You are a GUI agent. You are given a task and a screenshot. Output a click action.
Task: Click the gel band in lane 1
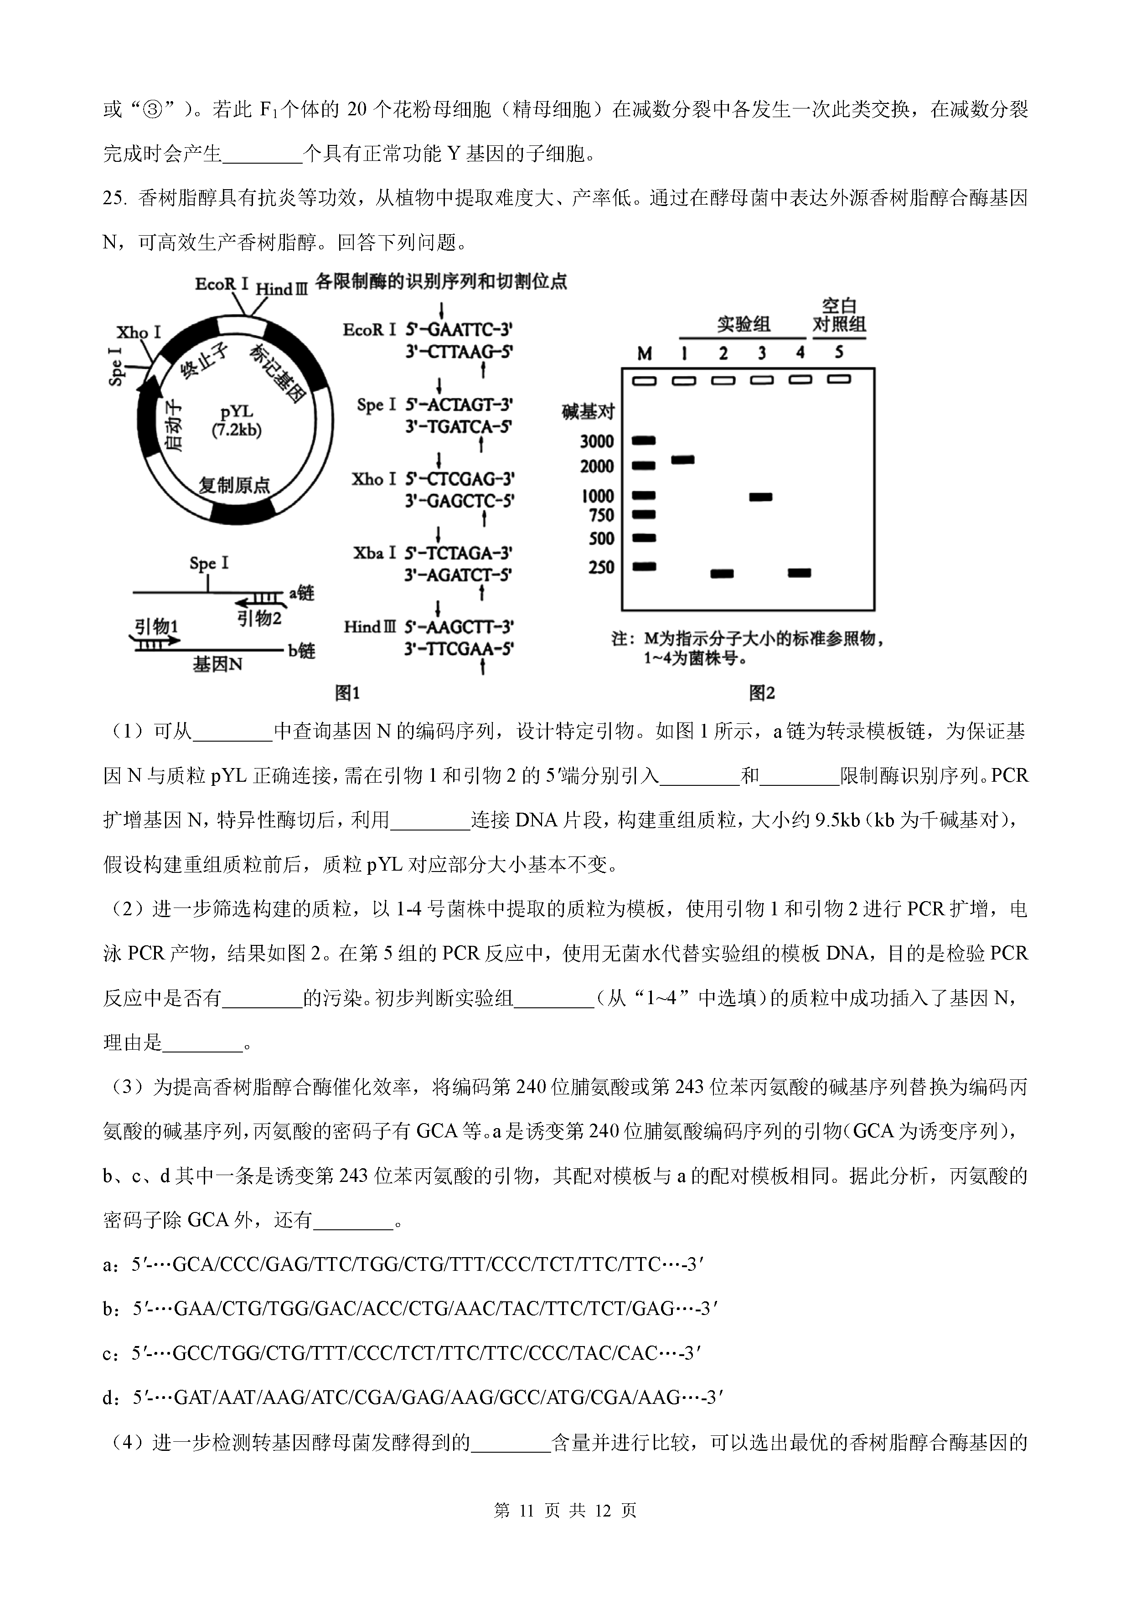(x=682, y=459)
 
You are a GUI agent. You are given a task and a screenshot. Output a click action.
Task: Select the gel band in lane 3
(x=760, y=497)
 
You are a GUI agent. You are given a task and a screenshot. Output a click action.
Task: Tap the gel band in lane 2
(x=722, y=574)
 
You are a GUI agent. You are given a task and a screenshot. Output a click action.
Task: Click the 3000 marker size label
(x=597, y=441)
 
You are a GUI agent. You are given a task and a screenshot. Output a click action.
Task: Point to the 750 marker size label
(x=602, y=516)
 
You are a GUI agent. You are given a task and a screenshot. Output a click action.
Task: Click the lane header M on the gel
(x=644, y=354)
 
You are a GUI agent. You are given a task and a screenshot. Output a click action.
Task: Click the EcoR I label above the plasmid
(x=222, y=284)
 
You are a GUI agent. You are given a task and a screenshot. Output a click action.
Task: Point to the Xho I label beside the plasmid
(x=139, y=332)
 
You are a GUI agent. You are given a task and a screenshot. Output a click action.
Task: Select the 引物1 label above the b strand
(x=156, y=627)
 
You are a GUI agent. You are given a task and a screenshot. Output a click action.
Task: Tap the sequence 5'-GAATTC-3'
(x=460, y=330)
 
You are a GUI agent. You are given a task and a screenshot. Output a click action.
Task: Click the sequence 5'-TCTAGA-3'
(x=459, y=553)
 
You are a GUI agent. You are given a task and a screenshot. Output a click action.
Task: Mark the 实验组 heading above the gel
(x=743, y=325)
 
